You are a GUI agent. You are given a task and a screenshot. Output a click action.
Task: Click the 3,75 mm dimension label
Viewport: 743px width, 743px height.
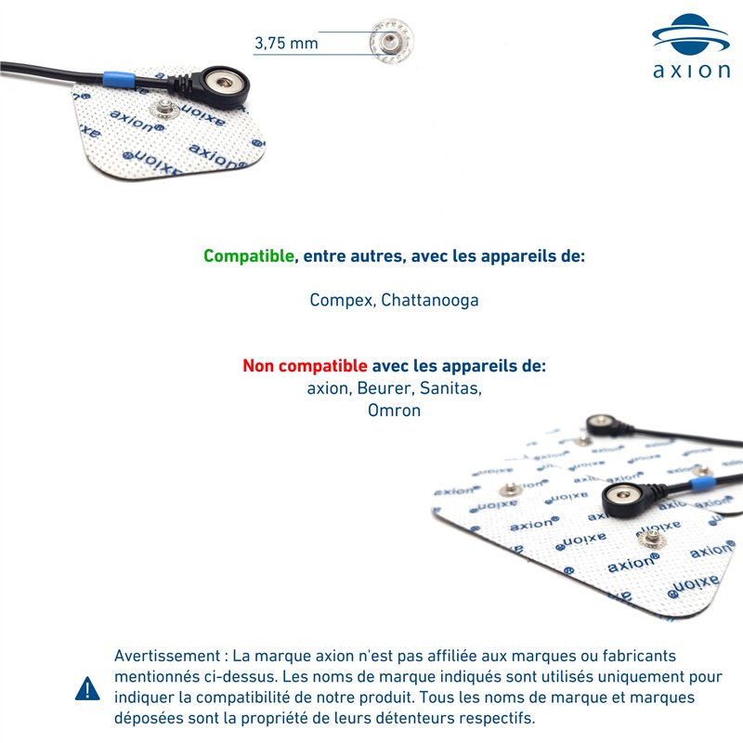[x=286, y=44]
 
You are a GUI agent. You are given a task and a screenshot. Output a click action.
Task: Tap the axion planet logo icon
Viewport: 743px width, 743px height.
[x=689, y=34]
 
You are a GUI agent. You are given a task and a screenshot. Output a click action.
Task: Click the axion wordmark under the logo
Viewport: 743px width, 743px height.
[x=689, y=72]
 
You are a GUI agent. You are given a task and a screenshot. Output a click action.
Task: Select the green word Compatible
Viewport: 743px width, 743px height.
[x=248, y=255]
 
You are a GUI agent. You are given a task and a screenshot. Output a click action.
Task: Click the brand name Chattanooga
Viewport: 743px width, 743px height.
[x=430, y=301]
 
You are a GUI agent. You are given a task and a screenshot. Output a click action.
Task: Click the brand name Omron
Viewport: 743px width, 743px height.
[x=394, y=410]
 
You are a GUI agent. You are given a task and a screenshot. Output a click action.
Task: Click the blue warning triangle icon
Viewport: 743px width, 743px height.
[x=87, y=688]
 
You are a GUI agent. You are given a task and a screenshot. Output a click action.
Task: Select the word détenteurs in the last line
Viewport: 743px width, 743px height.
[x=395, y=719]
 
